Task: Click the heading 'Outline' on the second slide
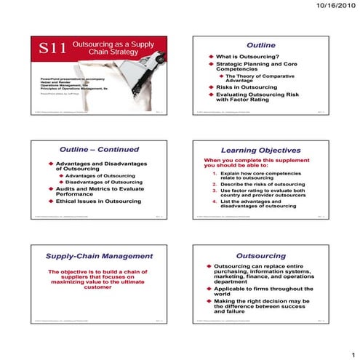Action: [x=261, y=44]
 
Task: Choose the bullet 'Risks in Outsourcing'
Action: [x=250, y=87]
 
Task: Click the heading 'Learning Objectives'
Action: [x=261, y=150]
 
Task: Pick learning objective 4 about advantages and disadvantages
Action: [x=263, y=203]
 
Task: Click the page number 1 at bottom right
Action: [x=349, y=348]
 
